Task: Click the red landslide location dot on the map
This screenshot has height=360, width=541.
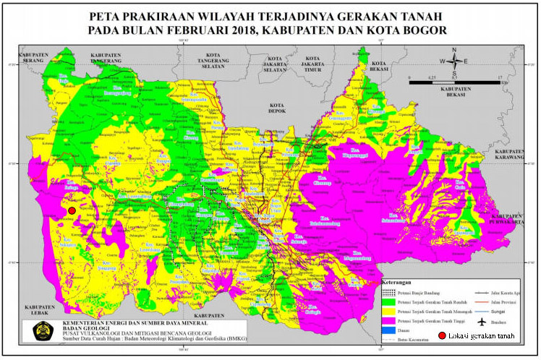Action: tap(72, 210)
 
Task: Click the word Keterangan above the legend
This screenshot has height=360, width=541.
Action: tap(398, 283)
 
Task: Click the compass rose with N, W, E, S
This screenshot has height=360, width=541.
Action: tap(454, 62)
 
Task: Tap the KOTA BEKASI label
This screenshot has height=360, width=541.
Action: tap(378, 64)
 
